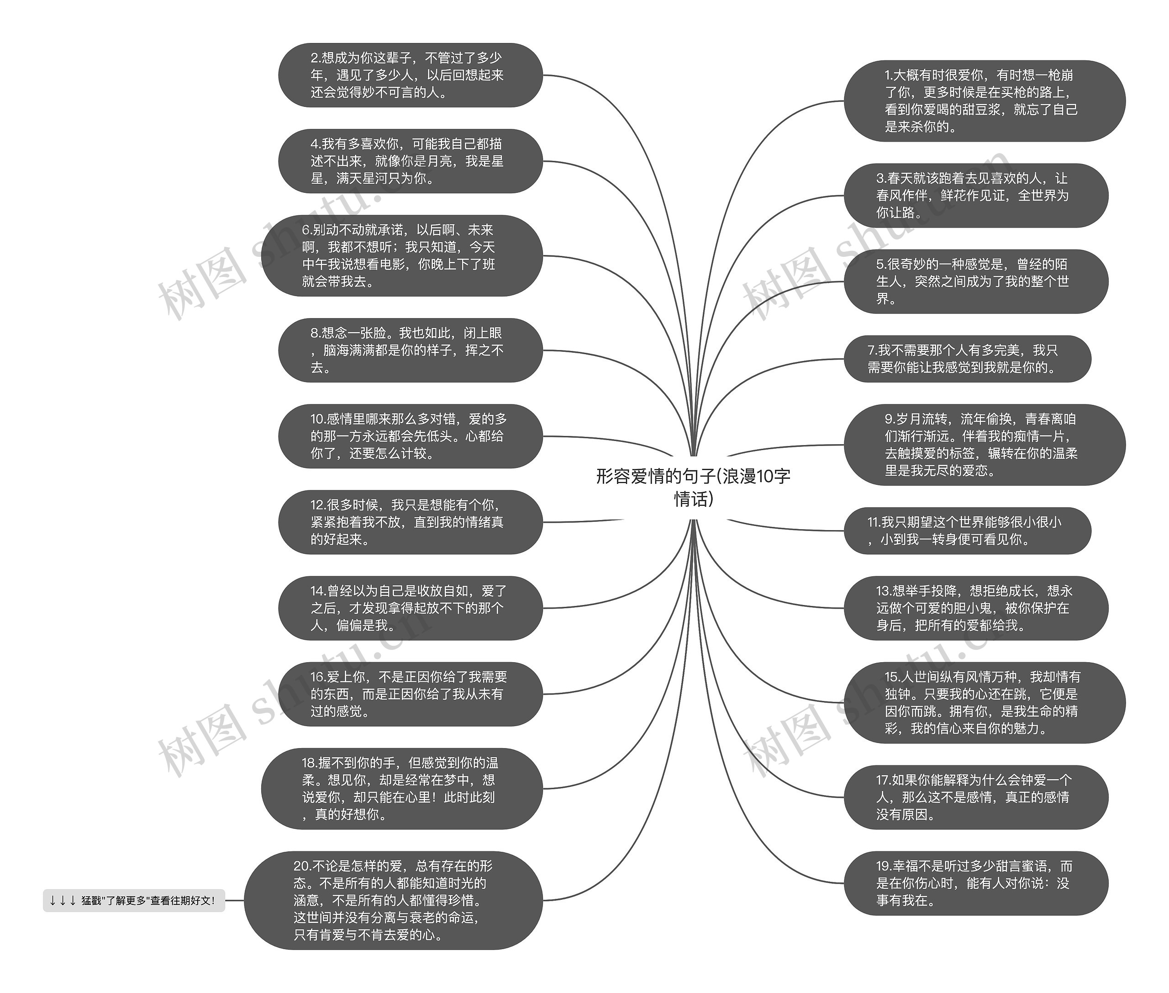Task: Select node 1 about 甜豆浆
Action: [x=984, y=101]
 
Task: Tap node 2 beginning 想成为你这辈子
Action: [x=410, y=75]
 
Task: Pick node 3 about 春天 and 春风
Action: [x=975, y=195]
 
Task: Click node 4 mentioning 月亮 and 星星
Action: [x=410, y=161]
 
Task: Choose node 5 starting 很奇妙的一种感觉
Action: [x=975, y=281]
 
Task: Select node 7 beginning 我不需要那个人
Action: [x=967, y=359]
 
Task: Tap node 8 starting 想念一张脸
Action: [x=410, y=350]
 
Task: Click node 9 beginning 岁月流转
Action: [x=984, y=445]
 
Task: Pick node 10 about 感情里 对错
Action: [x=410, y=436]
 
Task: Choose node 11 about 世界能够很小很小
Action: [x=967, y=531]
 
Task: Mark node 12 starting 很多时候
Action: [x=410, y=522]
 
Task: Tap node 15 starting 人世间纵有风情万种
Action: [x=984, y=702]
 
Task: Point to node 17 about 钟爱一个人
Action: [x=975, y=797]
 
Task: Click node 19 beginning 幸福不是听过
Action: [x=975, y=883]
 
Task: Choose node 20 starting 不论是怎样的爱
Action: [x=393, y=900]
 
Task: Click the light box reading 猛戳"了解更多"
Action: [x=134, y=901]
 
